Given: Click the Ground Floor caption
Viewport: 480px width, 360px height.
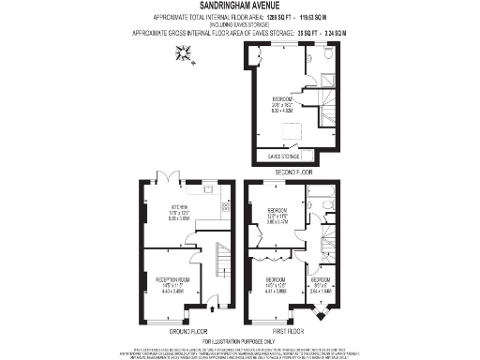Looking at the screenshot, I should (188, 331).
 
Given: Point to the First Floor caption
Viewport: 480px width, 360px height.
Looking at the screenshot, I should (292, 331).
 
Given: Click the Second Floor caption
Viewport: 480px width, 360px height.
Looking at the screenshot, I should (292, 173).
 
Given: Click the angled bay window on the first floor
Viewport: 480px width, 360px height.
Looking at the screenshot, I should (323, 317).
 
